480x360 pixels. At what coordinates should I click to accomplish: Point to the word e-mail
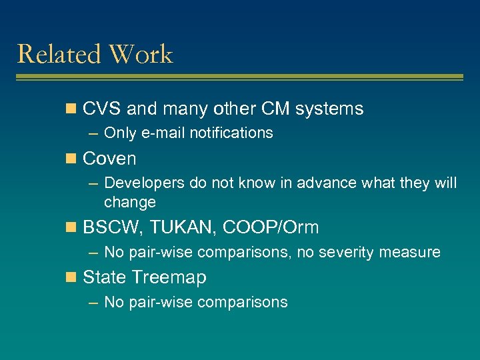[163, 133]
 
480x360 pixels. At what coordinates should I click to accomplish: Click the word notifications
[231, 133]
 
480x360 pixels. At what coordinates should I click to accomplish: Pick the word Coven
[109, 159]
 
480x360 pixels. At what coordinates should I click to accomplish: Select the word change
[130, 202]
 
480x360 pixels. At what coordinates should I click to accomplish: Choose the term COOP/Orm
[271, 228]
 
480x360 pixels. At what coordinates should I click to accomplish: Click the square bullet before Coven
[73, 159]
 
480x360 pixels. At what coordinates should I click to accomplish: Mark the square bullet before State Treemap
[73, 277]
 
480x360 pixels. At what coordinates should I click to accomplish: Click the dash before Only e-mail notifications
[94, 133]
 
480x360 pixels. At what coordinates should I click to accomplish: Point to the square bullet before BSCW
[73, 228]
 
